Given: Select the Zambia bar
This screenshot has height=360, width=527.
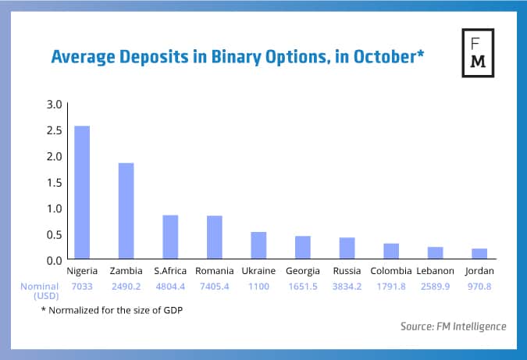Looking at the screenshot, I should click(126, 211).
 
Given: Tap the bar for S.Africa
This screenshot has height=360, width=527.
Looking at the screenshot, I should click(170, 237).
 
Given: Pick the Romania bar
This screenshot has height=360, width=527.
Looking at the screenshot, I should click(215, 237).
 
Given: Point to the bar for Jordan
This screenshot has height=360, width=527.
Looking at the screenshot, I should click(479, 254).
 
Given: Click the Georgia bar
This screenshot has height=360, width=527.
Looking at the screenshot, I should click(303, 248).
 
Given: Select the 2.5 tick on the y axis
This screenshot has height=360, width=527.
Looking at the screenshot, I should click(54, 130).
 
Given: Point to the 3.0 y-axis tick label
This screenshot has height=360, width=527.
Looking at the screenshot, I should click(54, 104).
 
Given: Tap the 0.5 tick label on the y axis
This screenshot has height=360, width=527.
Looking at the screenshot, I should click(54, 234).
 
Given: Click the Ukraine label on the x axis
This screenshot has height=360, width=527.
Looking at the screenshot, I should click(258, 271).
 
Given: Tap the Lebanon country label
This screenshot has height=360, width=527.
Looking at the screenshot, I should click(436, 271).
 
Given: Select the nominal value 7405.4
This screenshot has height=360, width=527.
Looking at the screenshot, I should click(215, 287).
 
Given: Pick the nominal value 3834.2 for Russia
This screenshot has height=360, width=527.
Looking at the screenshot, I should click(347, 287).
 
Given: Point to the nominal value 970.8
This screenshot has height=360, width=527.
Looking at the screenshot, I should click(479, 287).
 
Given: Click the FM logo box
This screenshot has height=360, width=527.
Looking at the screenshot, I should click(479, 55).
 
